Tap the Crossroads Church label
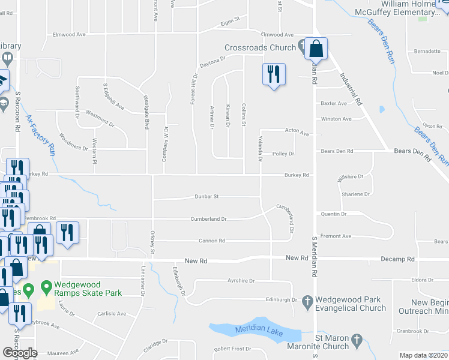pos(260,48)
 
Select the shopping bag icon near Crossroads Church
pos(315,49)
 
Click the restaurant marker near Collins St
pos(273,74)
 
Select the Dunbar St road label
pos(206,196)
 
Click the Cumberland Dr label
pos(208,219)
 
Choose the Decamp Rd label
pos(397,259)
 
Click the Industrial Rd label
pos(352,88)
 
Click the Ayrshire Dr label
pos(241,280)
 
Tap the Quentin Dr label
pos(334,214)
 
